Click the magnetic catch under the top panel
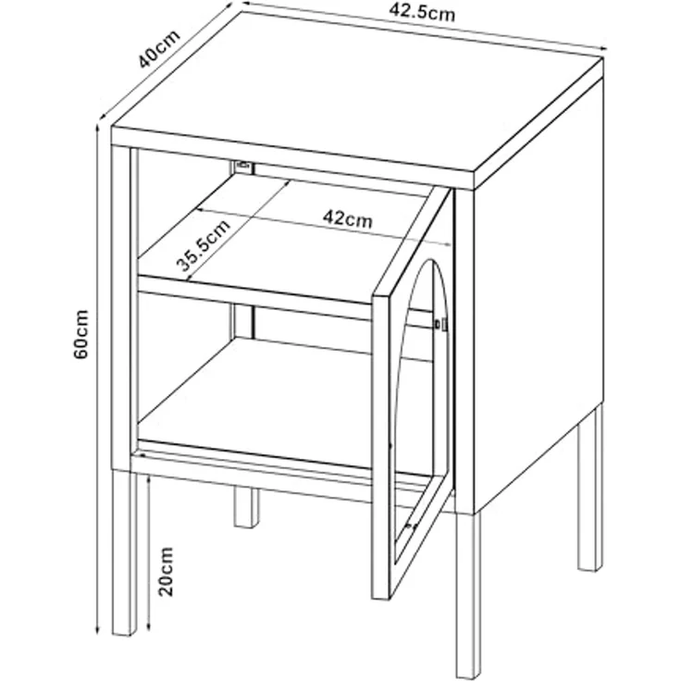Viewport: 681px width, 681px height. click(243, 167)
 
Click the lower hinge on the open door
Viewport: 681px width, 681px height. click(410, 527)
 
